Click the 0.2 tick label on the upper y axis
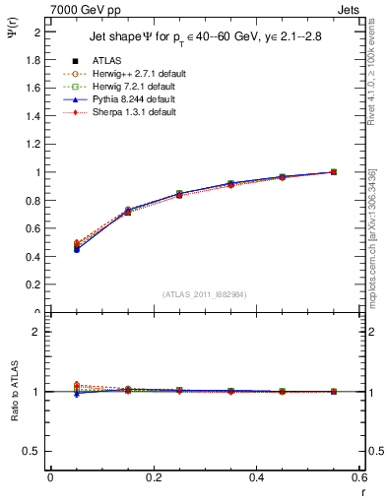[x=34, y=285]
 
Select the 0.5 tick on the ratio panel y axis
[x=34, y=451]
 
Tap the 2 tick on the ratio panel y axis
[x=37, y=333]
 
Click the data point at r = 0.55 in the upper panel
[x=334, y=172]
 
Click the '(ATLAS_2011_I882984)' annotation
[x=205, y=294]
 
